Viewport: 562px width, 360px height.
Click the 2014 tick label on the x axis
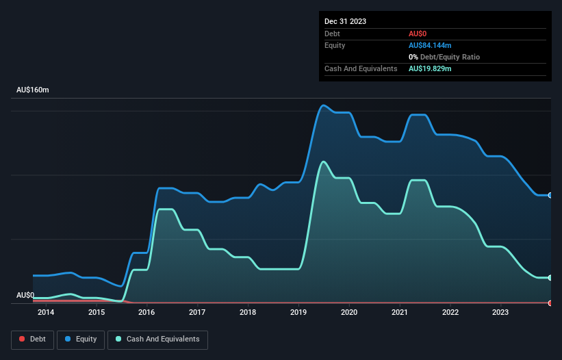[x=46, y=313]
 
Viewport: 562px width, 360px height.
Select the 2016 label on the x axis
[x=146, y=313]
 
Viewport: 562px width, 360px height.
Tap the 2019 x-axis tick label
[x=298, y=313]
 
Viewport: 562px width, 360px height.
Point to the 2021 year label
[x=400, y=313]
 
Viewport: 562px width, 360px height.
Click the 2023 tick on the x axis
[x=501, y=313]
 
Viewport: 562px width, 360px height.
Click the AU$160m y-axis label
[x=33, y=90]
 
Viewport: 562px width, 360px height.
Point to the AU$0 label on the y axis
[x=25, y=295]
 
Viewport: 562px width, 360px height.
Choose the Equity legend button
[x=81, y=339]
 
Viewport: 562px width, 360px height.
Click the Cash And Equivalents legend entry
[x=157, y=339]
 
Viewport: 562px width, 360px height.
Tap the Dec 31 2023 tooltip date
[x=345, y=21]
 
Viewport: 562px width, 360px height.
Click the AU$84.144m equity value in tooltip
[x=430, y=45]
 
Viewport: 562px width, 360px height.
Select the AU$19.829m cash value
[x=430, y=68]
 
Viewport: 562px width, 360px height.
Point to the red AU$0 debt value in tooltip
[x=418, y=34]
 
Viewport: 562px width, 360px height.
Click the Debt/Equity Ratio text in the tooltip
[x=448, y=57]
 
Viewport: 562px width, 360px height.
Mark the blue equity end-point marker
[x=550, y=195]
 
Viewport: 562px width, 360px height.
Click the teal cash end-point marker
[x=550, y=277]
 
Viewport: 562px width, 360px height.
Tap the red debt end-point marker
[x=550, y=303]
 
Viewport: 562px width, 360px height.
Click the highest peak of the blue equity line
[x=324, y=105]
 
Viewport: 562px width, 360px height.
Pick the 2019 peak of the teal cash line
[x=323, y=162]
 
